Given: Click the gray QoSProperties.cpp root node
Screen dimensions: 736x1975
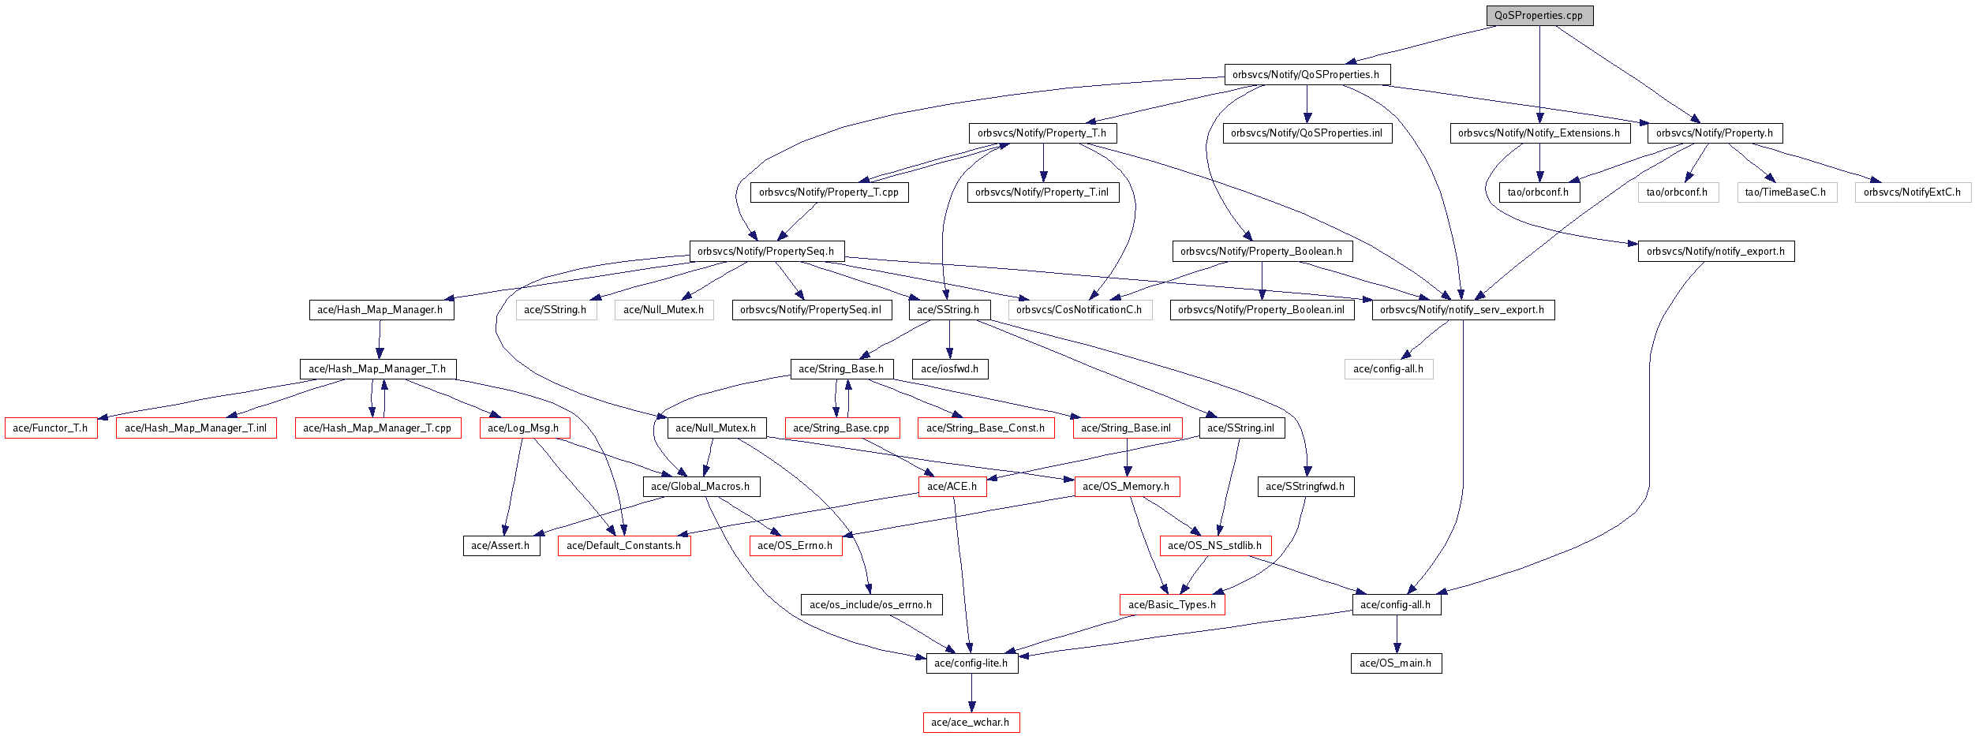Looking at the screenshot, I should point(1539,16).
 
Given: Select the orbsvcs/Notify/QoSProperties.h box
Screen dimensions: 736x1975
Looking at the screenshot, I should point(1306,75).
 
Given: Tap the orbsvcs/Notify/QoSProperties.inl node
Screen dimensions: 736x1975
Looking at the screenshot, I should point(1307,133).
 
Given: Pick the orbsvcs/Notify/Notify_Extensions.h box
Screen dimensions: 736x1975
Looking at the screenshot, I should point(1539,133).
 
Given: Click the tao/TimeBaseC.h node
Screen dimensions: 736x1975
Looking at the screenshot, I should point(1786,192).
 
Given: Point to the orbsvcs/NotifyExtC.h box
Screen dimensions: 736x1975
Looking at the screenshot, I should point(1912,192).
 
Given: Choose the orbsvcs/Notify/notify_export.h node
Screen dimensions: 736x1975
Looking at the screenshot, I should point(1715,252).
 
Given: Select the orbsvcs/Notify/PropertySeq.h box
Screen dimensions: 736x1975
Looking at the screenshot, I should point(765,252).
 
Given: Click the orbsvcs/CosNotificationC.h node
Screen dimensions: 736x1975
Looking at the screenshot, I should point(1079,310).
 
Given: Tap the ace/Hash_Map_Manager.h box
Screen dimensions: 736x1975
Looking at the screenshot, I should point(380,310).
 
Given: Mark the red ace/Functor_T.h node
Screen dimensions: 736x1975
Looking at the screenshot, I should point(50,428).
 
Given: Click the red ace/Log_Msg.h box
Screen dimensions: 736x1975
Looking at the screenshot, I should point(524,428).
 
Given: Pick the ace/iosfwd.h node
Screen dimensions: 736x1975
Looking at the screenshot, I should point(949,369).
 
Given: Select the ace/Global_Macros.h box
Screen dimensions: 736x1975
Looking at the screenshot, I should point(701,487).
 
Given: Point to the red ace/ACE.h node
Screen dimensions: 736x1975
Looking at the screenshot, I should point(952,487).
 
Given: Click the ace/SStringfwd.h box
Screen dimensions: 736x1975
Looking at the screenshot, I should point(1305,487).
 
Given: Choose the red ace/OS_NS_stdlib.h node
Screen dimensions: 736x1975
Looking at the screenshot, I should point(1214,546).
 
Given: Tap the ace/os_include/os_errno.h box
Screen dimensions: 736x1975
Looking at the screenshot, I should point(870,605).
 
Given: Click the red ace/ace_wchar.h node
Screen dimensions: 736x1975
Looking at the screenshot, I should point(971,723).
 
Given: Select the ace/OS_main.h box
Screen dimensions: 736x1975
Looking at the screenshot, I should point(1395,663).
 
